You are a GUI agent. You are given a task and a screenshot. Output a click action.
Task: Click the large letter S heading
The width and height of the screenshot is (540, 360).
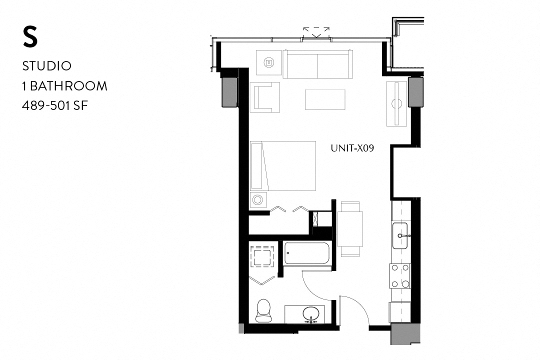30,37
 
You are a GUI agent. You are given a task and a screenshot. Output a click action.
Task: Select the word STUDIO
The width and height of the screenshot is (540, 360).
47,66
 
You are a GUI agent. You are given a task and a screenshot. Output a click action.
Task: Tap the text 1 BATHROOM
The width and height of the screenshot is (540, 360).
65,86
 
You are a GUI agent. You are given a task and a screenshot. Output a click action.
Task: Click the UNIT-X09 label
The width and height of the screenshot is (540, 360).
352,148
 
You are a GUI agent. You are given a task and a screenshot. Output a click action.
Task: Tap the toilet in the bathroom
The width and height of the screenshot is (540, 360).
263,310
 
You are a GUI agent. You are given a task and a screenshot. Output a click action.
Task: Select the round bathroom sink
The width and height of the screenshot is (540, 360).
311,313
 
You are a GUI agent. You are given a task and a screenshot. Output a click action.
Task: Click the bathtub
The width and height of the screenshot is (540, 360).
306,253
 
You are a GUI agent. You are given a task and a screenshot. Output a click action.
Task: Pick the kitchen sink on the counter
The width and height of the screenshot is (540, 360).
401,235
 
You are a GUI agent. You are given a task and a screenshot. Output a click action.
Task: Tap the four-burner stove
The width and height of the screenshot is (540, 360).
400,276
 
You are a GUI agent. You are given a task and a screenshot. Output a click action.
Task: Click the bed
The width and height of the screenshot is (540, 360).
283,165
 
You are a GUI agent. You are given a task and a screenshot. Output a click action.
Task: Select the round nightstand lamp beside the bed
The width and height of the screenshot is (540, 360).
258,200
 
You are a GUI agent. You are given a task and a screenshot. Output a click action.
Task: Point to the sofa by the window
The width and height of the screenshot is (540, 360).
318,64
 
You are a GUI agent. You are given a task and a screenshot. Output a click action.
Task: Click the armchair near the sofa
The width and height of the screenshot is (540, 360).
265,96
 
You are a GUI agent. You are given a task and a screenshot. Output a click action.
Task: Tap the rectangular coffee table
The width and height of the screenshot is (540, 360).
325,99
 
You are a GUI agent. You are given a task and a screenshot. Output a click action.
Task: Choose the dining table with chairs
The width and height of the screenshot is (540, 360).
350,228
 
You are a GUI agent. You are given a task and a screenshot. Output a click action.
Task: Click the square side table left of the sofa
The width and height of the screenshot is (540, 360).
269,62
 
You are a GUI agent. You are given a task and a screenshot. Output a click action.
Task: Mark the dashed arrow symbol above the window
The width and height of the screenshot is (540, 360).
316,32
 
